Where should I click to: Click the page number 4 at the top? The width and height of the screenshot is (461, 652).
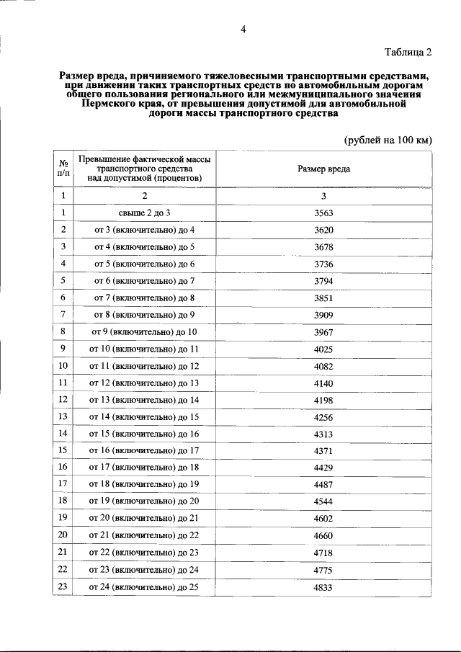point(243,30)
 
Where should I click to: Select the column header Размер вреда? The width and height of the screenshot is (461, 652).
point(324,169)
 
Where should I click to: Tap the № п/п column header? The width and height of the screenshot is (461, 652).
point(63,169)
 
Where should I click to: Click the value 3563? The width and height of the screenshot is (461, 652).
point(324,213)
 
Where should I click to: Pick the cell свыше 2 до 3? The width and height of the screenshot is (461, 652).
point(144,213)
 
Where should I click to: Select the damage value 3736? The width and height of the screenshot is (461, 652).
point(324,264)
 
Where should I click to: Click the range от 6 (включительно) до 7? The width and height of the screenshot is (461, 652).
point(144,280)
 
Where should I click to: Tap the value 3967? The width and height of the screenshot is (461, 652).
point(324,331)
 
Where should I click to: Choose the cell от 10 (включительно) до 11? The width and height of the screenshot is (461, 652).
point(144,349)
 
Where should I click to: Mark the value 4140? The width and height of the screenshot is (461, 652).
point(324,383)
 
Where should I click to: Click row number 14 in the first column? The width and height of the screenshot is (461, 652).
point(63,433)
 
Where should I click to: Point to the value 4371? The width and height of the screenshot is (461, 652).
point(324,450)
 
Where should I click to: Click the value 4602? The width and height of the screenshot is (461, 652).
point(324,518)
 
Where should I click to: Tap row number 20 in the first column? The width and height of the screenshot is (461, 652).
point(63,535)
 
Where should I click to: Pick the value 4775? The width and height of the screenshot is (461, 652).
point(324,568)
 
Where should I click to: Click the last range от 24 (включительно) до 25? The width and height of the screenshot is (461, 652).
point(144,586)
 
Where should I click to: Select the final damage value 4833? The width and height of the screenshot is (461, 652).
point(324,586)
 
